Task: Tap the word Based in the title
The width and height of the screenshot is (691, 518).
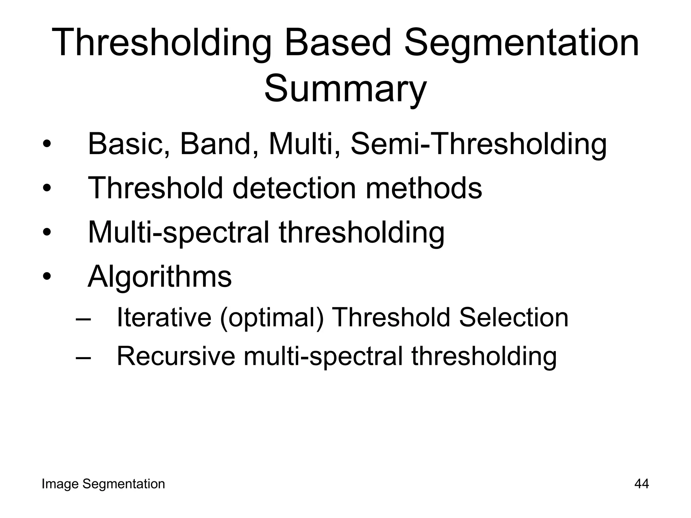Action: [337, 43]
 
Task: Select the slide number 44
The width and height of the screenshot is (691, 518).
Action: [641, 484]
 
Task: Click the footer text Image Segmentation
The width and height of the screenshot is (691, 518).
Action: [103, 484]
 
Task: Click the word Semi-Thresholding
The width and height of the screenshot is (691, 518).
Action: [478, 144]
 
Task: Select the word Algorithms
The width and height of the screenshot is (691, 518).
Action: [160, 277]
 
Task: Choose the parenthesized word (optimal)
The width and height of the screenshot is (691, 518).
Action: [272, 318]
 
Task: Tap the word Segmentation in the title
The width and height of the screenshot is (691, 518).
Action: [521, 43]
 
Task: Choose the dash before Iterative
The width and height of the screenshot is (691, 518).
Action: [83, 319]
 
